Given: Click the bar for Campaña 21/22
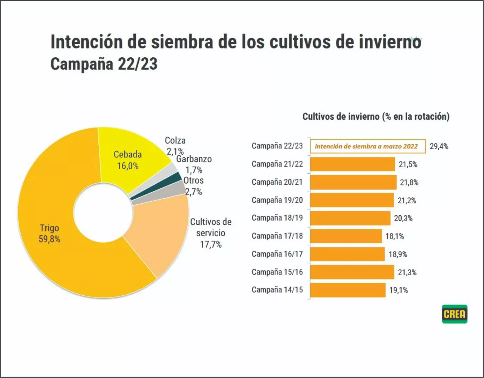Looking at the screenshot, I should tap(352, 164).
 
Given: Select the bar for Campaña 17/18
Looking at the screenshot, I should tap(346, 236).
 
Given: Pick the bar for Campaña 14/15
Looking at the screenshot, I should tap(347, 290).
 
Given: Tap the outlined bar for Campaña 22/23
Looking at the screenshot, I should tap(368, 146).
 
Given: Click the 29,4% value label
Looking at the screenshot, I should tap(439, 146).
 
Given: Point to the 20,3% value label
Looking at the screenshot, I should tap(403, 218).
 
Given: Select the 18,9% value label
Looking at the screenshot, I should tap(398, 254).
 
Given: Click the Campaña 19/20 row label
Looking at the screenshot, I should tap(277, 200).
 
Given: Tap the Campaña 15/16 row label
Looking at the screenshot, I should tap(277, 272).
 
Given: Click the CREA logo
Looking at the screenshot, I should tap(455, 314).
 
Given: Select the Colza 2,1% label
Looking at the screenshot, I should tap(175, 146).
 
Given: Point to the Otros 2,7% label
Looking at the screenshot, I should tap(194, 186).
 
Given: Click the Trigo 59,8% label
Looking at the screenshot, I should tap(50, 233).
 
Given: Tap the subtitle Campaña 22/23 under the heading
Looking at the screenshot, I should tap(104, 64).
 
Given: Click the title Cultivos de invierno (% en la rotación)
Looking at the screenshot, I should tap(376, 116).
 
